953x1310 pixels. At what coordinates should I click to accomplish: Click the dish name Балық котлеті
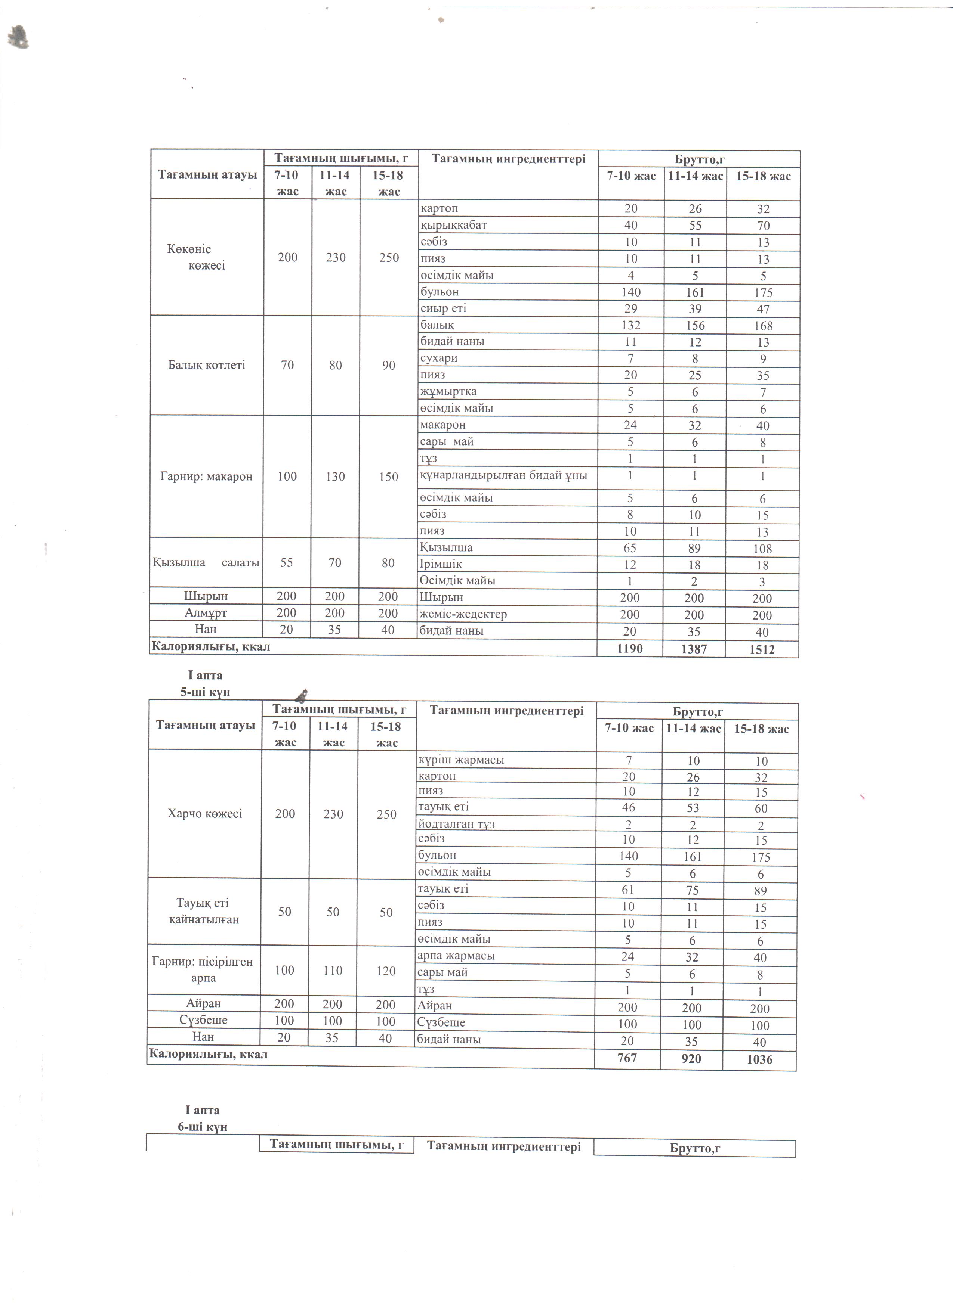206,365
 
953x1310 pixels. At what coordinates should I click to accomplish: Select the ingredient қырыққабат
454,225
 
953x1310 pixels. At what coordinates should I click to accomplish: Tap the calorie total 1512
762,649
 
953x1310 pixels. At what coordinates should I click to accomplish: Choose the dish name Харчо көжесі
204,814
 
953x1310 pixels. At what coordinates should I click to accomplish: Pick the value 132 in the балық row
630,325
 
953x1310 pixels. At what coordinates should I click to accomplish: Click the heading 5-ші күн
205,693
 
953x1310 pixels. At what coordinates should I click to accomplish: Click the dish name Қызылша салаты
206,563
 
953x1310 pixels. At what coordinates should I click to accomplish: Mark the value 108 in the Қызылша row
763,549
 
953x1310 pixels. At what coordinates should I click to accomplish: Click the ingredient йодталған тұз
456,824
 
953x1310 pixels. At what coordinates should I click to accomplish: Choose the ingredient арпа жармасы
456,956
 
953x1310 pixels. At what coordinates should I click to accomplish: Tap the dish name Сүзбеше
203,1020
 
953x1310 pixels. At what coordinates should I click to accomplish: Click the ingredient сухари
439,358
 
